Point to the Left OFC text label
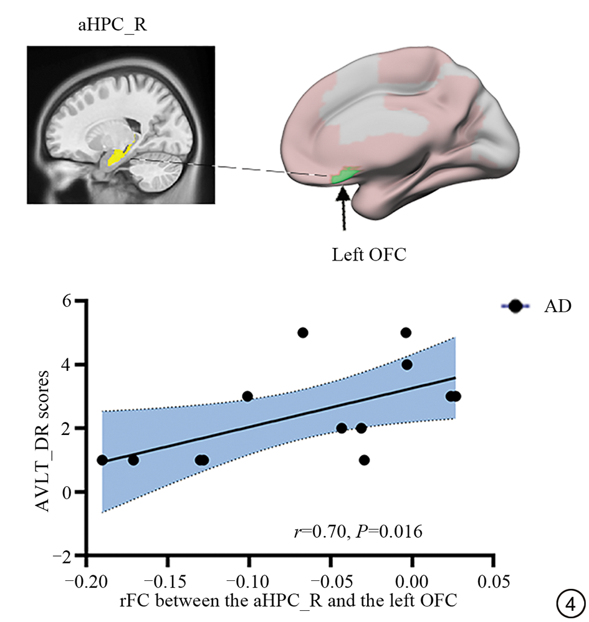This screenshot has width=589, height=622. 364,254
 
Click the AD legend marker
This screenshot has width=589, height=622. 515,306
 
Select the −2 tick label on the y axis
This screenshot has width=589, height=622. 70,555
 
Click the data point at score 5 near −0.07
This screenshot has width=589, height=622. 303,333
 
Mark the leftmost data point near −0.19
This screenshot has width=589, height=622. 102,460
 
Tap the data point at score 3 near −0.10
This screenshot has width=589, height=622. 247,396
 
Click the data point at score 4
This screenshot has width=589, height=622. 407,365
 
